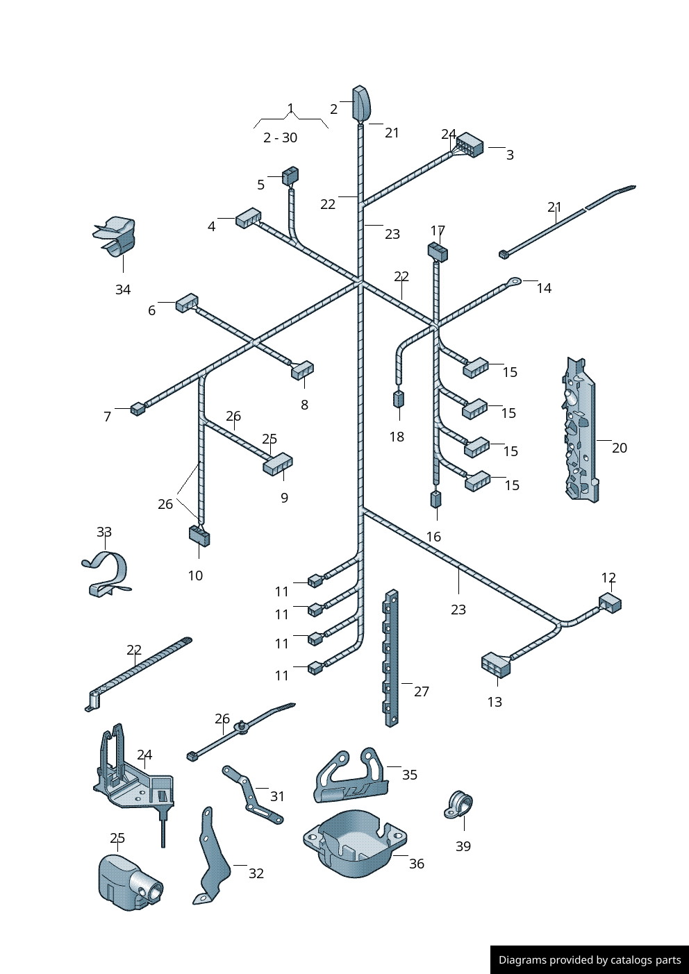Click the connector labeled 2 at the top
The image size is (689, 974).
point(361,103)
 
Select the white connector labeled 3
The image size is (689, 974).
point(470,145)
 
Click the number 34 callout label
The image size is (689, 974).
point(123,289)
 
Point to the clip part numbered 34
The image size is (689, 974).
point(116,236)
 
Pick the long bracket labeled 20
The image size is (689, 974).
point(580,430)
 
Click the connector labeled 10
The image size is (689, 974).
point(199,535)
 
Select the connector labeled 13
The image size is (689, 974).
point(496,664)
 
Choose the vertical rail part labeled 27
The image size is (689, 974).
point(392,658)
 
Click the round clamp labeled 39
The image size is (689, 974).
point(458,805)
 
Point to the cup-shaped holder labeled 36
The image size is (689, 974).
point(354,843)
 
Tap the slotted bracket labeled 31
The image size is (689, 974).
point(251,795)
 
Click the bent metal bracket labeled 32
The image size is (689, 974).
point(211,858)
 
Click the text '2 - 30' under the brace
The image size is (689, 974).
point(280,137)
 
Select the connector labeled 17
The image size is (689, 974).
point(438,251)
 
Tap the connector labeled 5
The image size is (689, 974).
point(290,176)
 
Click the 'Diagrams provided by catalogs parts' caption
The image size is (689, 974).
point(590,960)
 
